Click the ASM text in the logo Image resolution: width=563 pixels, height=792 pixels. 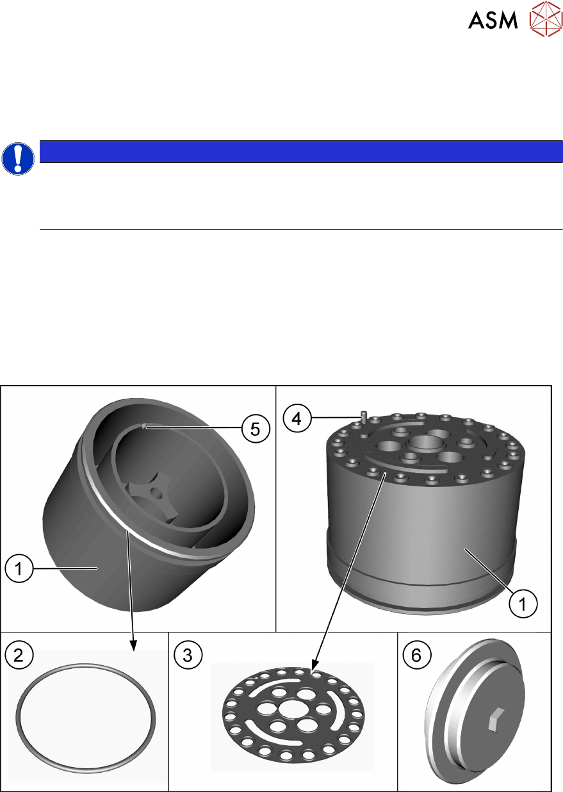tap(493, 20)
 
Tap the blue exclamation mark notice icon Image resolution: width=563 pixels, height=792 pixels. tap(18, 159)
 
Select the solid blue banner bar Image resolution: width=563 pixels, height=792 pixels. tap(301, 151)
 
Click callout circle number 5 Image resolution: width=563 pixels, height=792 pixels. tap(256, 429)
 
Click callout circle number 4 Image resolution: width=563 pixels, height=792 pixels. tap(297, 418)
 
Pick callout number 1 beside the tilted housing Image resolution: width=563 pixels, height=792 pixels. tap(19, 568)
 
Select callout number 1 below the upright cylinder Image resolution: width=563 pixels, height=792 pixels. tap(523, 604)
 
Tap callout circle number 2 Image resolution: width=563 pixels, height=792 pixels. tap(19, 655)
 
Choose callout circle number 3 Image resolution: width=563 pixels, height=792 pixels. tap(188, 655)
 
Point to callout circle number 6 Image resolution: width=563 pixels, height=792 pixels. tap(417, 655)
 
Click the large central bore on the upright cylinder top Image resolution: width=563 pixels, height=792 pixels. tap(427, 443)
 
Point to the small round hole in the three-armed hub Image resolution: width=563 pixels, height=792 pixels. tap(156, 491)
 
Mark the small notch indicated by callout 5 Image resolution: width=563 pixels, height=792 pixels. tap(143, 427)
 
